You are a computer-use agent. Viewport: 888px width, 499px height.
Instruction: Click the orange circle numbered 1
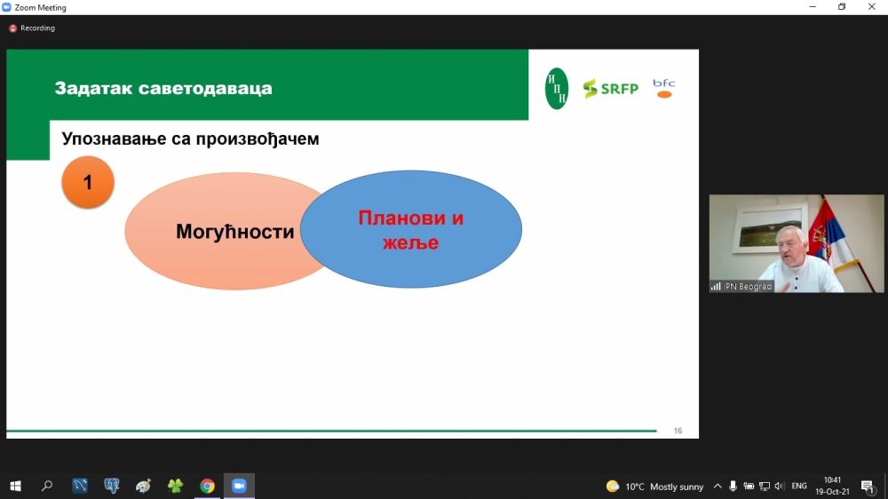[88, 182]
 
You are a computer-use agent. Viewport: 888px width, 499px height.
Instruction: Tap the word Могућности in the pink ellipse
[235, 232]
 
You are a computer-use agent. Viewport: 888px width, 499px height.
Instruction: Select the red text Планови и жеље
[410, 230]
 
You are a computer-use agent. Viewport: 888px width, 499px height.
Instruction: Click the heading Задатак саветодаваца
[163, 89]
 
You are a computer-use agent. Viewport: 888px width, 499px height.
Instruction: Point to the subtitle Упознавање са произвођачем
[190, 139]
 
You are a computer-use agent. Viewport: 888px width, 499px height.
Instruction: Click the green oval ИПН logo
[557, 89]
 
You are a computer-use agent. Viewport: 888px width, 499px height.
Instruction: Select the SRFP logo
[611, 89]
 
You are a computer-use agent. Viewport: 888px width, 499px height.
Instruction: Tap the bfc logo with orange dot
[663, 89]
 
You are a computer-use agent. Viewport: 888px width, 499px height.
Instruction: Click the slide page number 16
[678, 431]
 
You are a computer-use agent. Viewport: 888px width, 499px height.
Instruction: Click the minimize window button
[813, 7]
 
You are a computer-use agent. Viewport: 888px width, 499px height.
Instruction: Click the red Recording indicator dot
[12, 28]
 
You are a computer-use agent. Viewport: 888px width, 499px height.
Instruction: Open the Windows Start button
[15, 486]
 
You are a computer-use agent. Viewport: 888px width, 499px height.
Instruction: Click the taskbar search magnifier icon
[47, 486]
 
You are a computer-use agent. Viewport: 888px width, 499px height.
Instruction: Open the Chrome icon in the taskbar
[207, 486]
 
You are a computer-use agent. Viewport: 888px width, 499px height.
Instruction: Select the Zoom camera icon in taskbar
[239, 486]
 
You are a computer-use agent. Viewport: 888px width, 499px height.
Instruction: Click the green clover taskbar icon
[176, 486]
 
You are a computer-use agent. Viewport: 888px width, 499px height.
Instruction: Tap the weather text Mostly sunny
[677, 487]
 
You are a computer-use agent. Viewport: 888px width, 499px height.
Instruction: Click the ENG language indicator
[799, 486]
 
